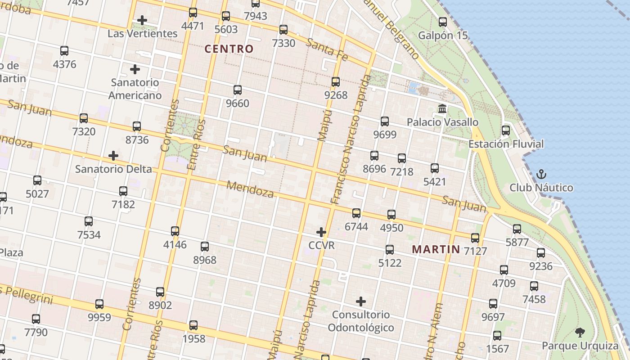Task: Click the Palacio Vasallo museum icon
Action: click(442, 109)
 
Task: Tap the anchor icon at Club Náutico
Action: click(541, 174)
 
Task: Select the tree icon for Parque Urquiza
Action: click(580, 333)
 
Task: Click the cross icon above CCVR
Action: click(321, 232)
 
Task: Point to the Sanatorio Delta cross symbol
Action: click(113, 156)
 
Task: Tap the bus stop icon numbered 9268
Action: click(336, 82)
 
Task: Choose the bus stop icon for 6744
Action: click(356, 213)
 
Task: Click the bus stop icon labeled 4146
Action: click(175, 231)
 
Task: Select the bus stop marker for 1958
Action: click(193, 325)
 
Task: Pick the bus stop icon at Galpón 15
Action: click(443, 22)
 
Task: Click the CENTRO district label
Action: click(229, 49)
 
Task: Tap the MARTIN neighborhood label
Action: click(436, 249)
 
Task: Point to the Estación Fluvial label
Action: click(506, 144)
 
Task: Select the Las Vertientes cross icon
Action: click(142, 20)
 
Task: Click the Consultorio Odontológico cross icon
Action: click(361, 301)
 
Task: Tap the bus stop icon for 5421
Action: click(435, 168)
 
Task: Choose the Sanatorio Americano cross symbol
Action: click(135, 69)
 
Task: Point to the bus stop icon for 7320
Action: click(84, 118)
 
